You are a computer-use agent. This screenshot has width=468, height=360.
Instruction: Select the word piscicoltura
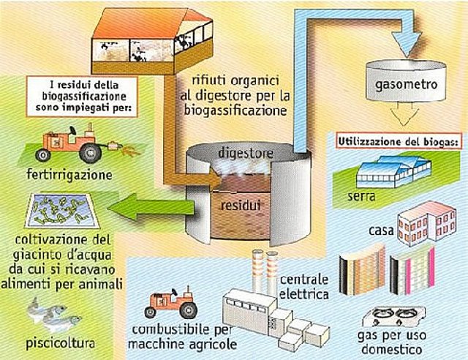[68, 342]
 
